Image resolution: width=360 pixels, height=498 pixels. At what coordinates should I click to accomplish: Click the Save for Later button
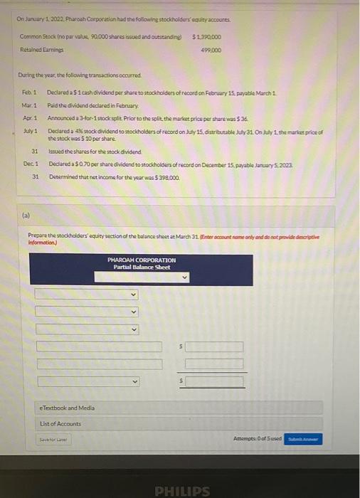(53, 440)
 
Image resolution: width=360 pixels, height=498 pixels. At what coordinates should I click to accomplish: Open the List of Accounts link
(60, 424)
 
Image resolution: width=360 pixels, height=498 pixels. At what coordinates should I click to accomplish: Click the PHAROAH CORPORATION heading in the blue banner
(141, 260)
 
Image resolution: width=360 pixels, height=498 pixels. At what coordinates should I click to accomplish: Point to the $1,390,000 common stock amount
(207, 36)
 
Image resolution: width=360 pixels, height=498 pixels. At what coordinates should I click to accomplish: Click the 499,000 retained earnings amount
(211, 50)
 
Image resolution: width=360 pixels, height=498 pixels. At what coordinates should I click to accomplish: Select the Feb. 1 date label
(29, 92)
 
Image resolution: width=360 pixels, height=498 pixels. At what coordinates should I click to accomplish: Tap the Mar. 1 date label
(29, 105)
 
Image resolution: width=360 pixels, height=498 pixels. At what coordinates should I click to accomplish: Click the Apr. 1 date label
(29, 117)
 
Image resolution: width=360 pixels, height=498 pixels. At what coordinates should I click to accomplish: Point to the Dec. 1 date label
(29, 164)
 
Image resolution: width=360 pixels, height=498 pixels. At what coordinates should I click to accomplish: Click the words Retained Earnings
(36, 50)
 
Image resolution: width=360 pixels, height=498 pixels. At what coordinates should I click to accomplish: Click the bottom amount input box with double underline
(214, 381)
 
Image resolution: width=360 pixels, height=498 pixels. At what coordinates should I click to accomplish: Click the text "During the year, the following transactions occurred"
(80, 75)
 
